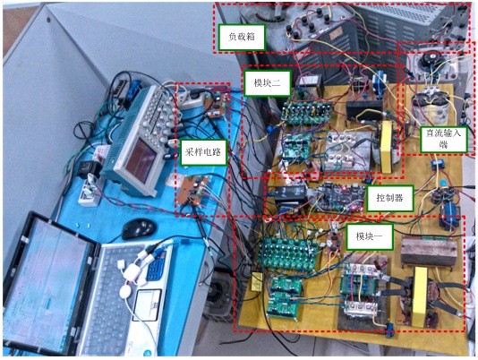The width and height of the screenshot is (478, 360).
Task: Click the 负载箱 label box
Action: coord(242,37)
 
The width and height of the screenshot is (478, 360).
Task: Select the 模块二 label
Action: coord(268,82)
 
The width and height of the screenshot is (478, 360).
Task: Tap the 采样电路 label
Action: coord(202,152)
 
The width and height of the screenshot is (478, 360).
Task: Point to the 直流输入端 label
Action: coord(444,140)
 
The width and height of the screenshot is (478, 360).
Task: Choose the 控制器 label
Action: coord(390,198)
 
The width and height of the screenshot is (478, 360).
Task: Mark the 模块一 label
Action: coord(369,236)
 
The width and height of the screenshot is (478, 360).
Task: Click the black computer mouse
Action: coord(139,229)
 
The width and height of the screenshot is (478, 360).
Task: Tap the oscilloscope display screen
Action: coord(141,159)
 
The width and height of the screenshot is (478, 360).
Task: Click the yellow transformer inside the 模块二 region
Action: coord(387,147)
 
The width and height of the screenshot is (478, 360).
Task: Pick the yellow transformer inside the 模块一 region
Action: coord(420,296)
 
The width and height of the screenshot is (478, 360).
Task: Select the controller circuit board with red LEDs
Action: coord(339,197)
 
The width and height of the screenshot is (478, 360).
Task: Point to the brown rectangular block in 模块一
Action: coord(429,252)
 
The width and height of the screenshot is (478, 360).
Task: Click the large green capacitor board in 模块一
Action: coord(287,253)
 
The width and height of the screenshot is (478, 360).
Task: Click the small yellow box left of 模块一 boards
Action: coord(257,282)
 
